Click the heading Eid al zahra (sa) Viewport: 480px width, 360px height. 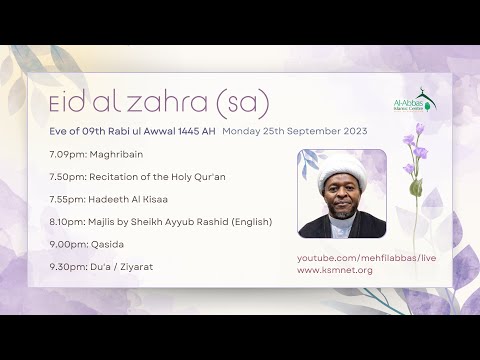point(158,102)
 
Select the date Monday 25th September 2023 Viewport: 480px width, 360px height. point(295,131)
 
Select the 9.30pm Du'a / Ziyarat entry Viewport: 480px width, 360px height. point(100,267)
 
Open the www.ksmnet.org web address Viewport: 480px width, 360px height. point(335,270)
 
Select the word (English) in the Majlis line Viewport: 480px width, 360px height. point(248,221)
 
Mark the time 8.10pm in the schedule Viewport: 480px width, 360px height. point(63,221)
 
